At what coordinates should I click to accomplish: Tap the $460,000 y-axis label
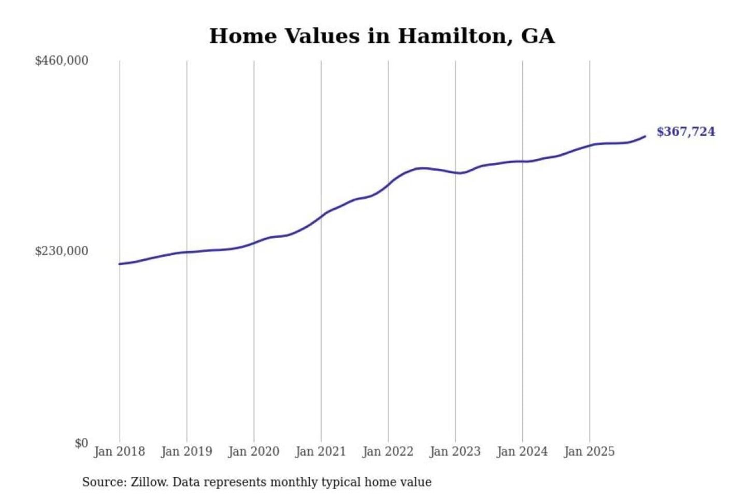[61, 61]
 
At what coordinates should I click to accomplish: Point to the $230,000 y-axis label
[61, 251]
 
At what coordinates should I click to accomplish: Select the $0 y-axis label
[81, 443]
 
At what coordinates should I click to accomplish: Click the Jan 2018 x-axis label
[119, 451]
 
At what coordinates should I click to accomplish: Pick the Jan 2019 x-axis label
[187, 451]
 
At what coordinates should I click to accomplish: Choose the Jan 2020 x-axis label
[253, 451]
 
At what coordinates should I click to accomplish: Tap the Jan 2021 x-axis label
[320, 451]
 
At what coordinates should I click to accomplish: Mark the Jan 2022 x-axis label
[388, 451]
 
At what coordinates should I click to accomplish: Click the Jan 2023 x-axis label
[455, 451]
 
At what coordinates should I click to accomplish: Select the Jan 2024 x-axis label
[522, 451]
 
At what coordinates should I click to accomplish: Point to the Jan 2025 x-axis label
[589, 451]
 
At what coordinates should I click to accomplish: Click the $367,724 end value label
[685, 131]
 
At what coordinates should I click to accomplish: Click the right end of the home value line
[645, 136]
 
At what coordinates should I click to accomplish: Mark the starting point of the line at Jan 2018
[120, 264]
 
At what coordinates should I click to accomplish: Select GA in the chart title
[537, 36]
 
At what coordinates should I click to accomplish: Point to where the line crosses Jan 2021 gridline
[321, 216]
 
